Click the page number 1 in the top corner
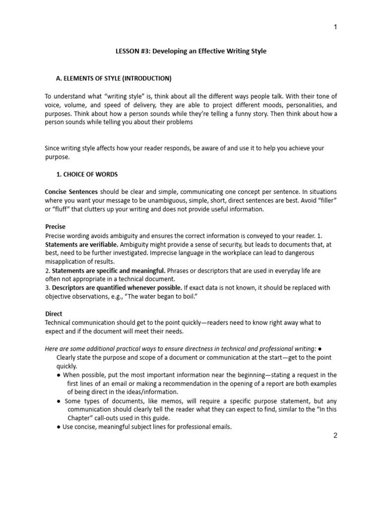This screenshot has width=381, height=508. pos(335,27)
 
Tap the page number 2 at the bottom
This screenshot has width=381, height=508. pos(335,436)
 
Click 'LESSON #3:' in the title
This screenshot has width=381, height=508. pos(131,51)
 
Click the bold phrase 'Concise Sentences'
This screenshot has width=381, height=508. pos(71,191)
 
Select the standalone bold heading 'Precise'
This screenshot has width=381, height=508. pos(55,226)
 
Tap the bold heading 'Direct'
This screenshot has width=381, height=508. pos(54,314)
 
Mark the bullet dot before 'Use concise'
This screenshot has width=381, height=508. pos(59,427)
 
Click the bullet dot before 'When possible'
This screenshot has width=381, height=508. pos(59,375)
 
